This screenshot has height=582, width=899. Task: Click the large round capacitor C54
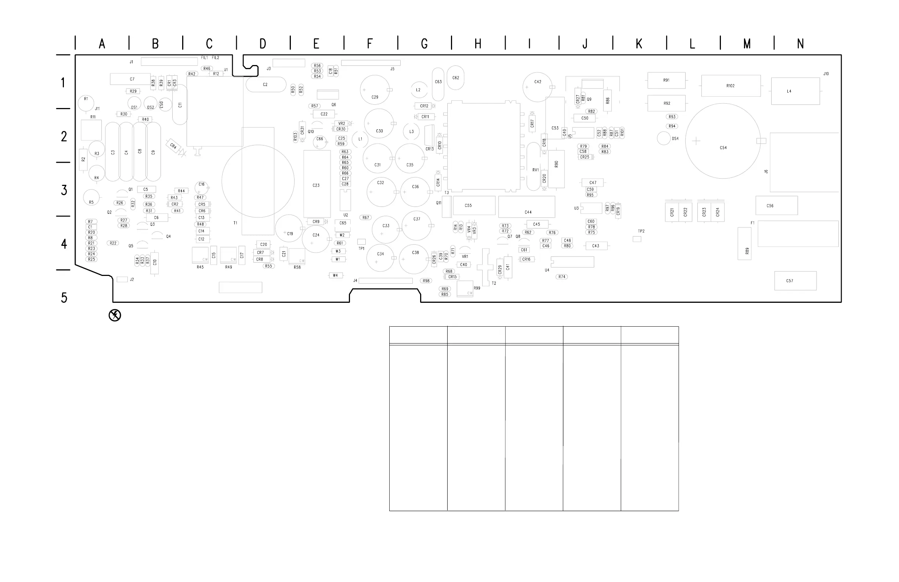(x=723, y=141)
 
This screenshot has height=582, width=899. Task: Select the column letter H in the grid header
(x=478, y=44)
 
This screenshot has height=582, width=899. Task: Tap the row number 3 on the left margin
(x=64, y=190)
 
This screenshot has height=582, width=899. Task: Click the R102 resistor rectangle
(x=730, y=86)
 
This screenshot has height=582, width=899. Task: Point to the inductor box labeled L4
(x=795, y=91)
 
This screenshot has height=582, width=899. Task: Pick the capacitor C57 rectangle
(x=795, y=281)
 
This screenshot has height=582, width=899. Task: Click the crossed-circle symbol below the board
(x=115, y=315)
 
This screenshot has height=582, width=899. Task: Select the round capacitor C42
(x=537, y=87)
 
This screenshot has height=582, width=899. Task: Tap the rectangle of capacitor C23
(x=317, y=184)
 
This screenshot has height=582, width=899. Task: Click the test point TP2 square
(x=637, y=239)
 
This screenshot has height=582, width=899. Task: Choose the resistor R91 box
(x=666, y=80)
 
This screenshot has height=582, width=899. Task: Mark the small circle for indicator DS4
(x=664, y=138)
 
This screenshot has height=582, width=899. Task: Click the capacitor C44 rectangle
(x=527, y=207)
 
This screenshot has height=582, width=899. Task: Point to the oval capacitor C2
(x=266, y=85)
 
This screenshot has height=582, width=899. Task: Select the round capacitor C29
(x=375, y=90)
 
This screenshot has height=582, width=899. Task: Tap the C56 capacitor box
(x=777, y=206)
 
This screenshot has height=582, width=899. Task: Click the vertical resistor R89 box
(x=744, y=243)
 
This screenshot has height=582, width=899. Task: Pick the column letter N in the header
(x=800, y=44)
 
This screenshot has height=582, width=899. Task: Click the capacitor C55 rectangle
(x=474, y=205)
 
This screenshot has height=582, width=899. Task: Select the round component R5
(x=91, y=197)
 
